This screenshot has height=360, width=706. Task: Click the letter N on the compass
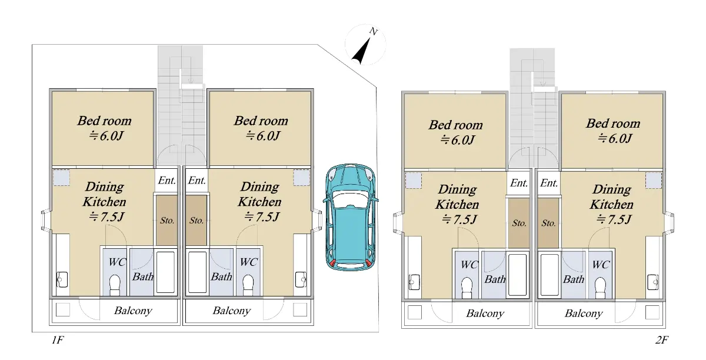click(x=373, y=32)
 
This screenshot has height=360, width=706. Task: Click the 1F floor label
click(x=58, y=340)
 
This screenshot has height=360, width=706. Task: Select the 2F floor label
click(x=661, y=340)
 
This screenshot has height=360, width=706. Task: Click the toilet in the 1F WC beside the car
click(x=249, y=285)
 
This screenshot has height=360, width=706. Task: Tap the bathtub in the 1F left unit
click(x=165, y=272)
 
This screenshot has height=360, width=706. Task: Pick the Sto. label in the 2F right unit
click(x=548, y=223)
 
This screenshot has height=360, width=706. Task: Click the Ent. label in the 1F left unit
click(x=166, y=181)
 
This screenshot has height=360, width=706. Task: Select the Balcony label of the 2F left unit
click(x=485, y=314)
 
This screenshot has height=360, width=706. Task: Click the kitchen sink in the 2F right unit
click(x=652, y=282)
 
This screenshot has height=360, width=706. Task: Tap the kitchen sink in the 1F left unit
click(x=62, y=279)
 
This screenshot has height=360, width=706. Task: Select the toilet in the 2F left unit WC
click(x=467, y=288)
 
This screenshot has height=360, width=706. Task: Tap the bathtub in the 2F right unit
click(x=550, y=275)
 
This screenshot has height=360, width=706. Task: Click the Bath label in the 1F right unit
click(x=221, y=277)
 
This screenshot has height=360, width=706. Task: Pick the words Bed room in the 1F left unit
click(x=104, y=121)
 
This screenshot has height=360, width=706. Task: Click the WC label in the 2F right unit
click(x=601, y=265)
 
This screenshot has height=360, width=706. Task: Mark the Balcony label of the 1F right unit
click(x=232, y=311)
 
